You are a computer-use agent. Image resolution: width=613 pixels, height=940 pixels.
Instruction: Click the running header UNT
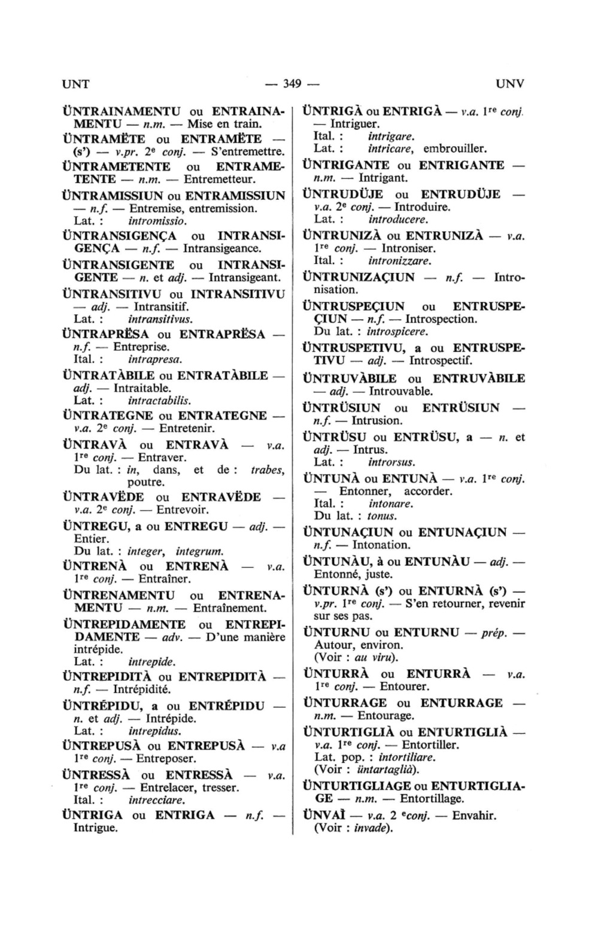[76, 83]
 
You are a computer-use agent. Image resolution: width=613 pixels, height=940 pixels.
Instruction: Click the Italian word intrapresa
[155, 360]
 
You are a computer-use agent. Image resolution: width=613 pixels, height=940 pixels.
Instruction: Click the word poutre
[146, 483]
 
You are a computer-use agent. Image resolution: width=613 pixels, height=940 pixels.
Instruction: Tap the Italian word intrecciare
[157, 800]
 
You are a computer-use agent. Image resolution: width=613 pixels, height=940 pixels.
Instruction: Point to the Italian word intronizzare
[400, 260]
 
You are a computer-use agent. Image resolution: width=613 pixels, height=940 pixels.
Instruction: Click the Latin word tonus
[382, 516]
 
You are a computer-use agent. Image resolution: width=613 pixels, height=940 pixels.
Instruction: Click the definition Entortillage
[432, 799]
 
